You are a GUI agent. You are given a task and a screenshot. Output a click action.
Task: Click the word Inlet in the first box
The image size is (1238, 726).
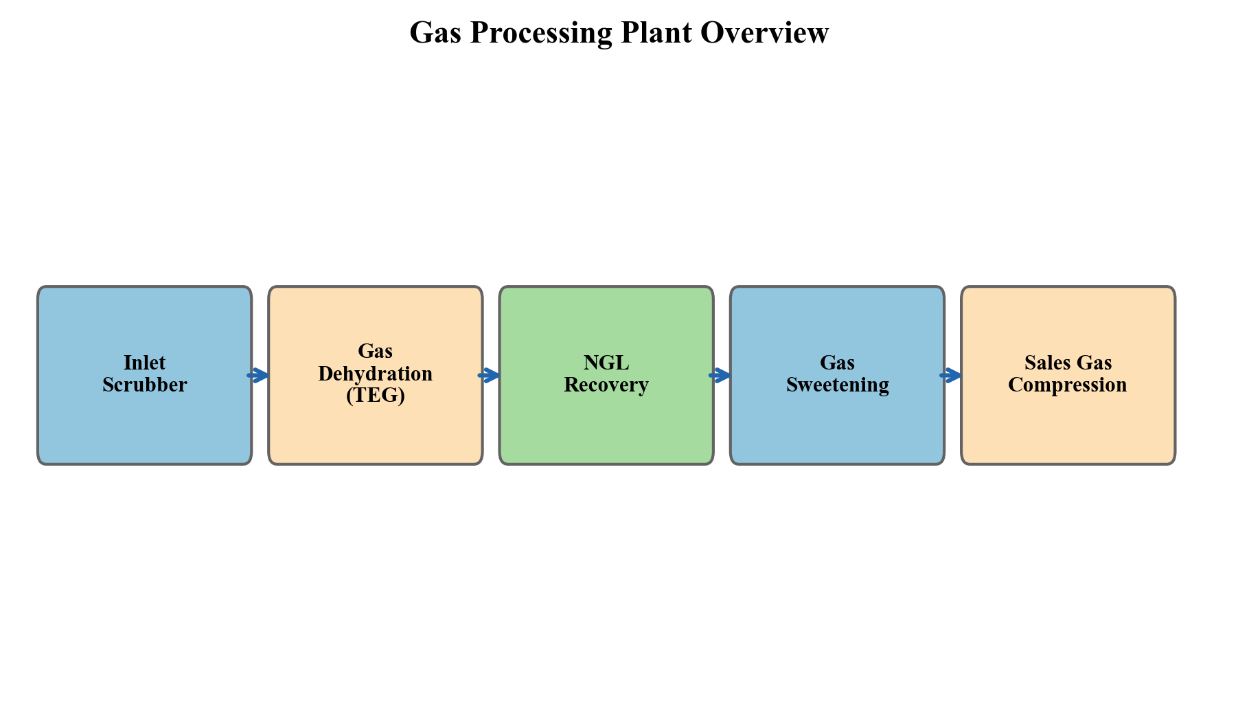pyautogui.click(x=144, y=363)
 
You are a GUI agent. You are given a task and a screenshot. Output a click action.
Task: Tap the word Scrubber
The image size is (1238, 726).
pyautogui.click(x=144, y=385)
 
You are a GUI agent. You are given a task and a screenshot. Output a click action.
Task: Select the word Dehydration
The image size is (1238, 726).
pyautogui.click(x=375, y=374)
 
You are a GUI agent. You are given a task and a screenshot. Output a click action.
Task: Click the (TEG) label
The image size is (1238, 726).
pyautogui.click(x=375, y=396)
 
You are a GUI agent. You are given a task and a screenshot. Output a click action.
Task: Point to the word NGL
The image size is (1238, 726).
pyautogui.click(x=606, y=363)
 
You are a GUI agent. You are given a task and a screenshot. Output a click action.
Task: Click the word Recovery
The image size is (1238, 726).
pyautogui.click(x=606, y=385)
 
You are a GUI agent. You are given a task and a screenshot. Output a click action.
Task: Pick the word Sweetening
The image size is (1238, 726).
pyautogui.click(x=837, y=385)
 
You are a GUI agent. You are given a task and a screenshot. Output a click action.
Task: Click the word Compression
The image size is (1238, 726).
pyautogui.click(x=1067, y=385)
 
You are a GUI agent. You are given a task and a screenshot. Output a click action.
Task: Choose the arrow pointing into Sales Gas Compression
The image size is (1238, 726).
pyautogui.click(x=951, y=375)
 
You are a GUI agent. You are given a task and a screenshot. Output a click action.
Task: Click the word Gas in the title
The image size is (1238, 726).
pyautogui.click(x=435, y=33)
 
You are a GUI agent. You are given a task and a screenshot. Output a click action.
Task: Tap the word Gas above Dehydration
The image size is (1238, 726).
pyautogui.click(x=375, y=351)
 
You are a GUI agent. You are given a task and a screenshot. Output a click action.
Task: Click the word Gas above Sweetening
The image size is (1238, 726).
pyautogui.click(x=837, y=363)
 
